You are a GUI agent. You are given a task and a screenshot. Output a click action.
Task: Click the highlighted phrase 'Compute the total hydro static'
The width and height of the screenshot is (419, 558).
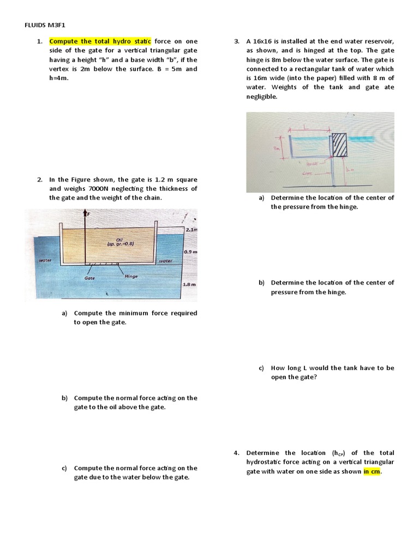pyautogui.click(x=100, y=41)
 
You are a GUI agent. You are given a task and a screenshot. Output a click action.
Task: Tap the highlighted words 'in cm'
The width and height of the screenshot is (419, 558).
pyautogui.click(x=372, y=471)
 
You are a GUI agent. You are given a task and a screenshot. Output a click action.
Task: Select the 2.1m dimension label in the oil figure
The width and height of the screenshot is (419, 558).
pyautogui.click(x=191, y=231)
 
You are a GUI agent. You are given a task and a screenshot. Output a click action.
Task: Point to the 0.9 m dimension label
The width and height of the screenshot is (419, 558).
pyautogui.click(x=190, y=252)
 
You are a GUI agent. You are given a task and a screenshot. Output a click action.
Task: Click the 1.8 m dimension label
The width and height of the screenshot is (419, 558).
pyautogui.click(x=189, y=284)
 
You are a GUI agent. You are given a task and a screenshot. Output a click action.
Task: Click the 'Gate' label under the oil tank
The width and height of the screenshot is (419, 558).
pyautogui.click(x=90, y=278)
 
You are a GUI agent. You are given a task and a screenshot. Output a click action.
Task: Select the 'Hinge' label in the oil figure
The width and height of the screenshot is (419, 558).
pyautogui.click(x=131, y=276)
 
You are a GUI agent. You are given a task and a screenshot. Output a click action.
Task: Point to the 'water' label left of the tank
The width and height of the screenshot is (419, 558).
pyautogui.click(x=45, y=261)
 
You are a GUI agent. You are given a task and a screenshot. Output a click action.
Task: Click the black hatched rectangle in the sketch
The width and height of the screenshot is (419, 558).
pyautogui.click(x=339, y=144)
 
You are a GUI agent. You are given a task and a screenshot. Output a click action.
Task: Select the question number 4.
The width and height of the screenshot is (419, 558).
pyautogui.click(x=236, y=453)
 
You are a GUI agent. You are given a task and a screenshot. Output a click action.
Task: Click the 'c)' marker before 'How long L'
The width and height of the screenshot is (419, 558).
pyautogui.click(x=262, y=368)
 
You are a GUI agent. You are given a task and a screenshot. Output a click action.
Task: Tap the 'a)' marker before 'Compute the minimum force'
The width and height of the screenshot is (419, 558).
pyautogui.click(x=64, y=313)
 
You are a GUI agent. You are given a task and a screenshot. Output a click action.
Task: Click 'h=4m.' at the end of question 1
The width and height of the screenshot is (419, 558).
pyautogui.click(x=60, y=78)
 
